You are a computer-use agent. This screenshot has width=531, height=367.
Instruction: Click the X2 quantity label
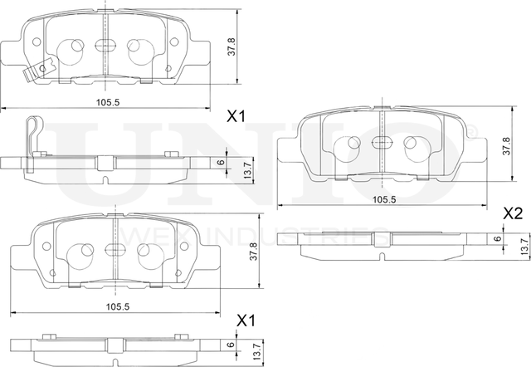tap(513, 213)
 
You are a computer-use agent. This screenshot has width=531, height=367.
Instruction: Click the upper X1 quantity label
tap(238, 117)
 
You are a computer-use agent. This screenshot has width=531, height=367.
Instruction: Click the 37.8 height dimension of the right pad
tap(506, 146)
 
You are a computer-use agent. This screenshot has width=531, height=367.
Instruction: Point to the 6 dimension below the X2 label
tap(497, 238)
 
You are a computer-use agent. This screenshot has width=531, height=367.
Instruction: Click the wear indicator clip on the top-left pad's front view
tap(34, 72)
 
